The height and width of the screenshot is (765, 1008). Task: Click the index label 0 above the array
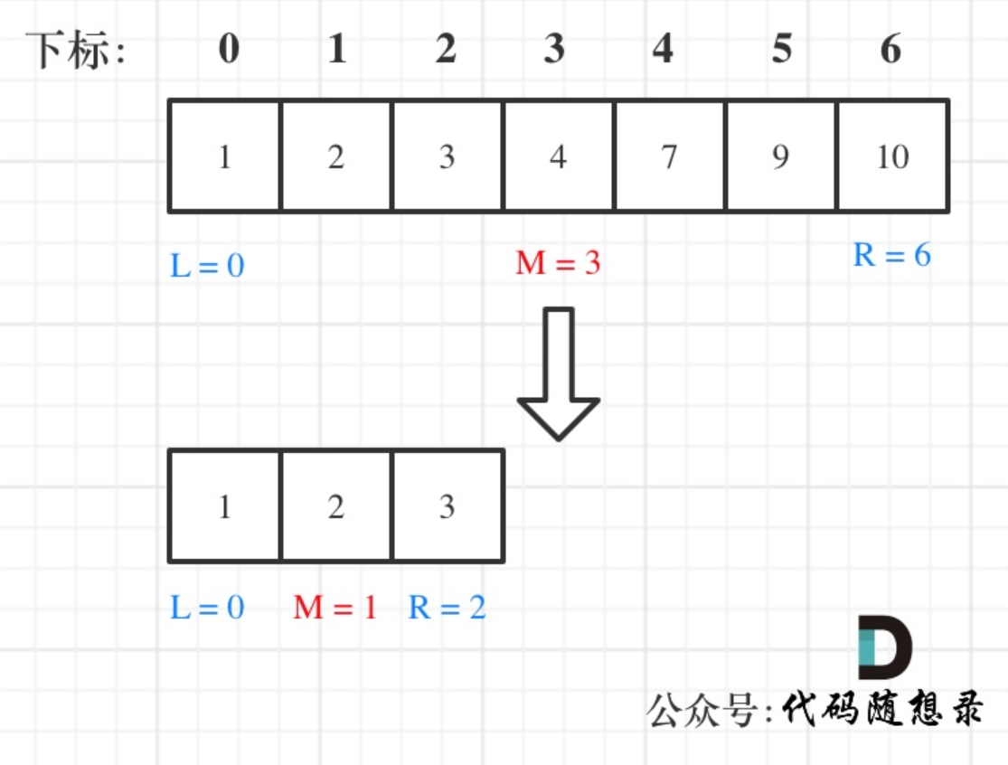click(229, 49)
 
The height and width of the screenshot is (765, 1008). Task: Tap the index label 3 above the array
click(554, 49)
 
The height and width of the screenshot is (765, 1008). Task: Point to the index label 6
click(890, 49)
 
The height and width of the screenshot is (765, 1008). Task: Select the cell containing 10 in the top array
click(893, 156)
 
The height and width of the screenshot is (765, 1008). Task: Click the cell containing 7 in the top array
click(669, 156)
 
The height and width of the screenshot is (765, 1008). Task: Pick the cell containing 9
click(780, 156)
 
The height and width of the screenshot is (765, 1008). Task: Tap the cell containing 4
click(558, 156)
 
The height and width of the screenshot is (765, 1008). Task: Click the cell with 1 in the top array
click(225, 156)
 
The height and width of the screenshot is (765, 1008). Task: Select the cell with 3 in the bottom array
click(447, 506)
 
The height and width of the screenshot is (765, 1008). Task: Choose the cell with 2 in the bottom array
click(336, 506)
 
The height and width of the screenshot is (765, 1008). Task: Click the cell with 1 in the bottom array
click(225, 506)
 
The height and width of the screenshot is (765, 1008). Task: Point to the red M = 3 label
click(558, 263)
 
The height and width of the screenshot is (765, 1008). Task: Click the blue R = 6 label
click(891, 255)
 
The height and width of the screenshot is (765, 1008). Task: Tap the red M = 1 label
click(334, 607)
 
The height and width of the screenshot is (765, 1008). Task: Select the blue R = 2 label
click(447, 607)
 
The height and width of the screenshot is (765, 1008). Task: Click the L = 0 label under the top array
click(207, 266)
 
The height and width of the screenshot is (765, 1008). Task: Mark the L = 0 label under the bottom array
click(207, 607)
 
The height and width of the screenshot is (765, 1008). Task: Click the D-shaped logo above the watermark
click(883, 647)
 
